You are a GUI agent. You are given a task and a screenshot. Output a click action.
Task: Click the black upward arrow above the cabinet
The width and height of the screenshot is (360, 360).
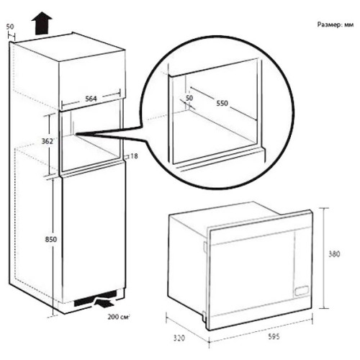tap(42, 24)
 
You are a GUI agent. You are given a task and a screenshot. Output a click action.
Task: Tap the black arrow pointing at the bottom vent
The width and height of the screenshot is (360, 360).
tap(104, 303)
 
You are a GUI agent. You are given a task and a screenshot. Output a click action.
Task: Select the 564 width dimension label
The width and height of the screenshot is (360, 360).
tap(91, 99)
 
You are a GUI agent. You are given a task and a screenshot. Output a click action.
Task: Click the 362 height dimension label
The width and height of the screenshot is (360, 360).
tap(48, 141)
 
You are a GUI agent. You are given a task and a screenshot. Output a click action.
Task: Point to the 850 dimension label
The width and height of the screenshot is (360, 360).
tap(51, 239)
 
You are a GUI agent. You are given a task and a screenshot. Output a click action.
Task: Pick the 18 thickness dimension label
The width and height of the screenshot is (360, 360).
tap(134, 156)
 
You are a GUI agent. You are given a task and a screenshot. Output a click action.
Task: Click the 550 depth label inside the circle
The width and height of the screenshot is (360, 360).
tap(222, 104)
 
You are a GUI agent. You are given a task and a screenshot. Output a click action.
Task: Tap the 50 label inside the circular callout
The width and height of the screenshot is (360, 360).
tap(189, 98)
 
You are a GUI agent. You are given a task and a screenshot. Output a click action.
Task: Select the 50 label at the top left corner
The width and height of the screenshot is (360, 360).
tap(10, 27)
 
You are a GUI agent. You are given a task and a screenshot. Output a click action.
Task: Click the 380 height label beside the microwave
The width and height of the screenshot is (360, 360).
tap(334, 254)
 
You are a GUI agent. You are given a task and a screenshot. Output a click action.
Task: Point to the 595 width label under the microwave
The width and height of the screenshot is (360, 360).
tap(274, 337)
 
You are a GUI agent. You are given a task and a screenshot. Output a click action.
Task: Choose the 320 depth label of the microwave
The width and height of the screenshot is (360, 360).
tap(179, 338)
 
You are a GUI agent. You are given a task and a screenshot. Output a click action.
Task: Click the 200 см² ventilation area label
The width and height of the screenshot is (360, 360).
tap(119, 317)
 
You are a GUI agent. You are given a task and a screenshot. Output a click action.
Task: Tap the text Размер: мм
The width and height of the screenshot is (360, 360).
tap(336, 24)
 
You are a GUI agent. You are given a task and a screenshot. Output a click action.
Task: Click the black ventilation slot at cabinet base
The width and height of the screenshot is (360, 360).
tap(96, 298)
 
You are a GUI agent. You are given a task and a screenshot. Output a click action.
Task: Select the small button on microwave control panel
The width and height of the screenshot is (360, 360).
tap(302, 291)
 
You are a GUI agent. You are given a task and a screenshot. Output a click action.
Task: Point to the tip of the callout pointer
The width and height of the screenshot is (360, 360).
tap(76, 134)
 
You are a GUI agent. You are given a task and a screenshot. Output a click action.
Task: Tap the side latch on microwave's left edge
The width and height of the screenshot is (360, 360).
tap(204, 247)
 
